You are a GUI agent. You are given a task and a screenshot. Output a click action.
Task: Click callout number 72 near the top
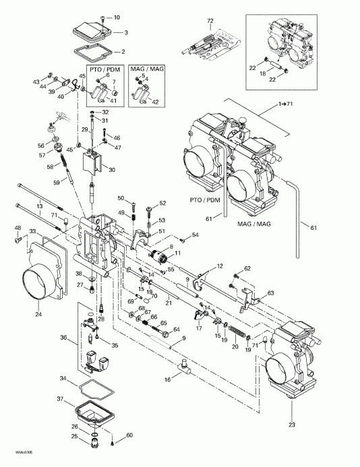210,22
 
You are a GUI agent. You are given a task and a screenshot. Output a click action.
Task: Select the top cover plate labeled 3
90,32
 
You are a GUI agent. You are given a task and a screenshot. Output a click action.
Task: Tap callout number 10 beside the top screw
116,16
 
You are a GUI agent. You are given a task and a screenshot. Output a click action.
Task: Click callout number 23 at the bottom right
291,425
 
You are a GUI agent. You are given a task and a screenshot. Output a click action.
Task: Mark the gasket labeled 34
85,387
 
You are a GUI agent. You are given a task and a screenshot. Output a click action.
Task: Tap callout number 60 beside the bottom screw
129,435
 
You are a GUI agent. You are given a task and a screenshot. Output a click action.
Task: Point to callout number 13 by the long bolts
40,206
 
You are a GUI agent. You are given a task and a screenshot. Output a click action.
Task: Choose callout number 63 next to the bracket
270,293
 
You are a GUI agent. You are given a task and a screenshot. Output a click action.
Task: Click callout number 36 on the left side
64,339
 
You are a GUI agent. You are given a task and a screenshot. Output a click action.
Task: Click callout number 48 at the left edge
17,227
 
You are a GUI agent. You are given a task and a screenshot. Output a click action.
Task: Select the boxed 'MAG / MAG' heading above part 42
146,69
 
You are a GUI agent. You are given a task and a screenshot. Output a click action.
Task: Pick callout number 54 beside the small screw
196,235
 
